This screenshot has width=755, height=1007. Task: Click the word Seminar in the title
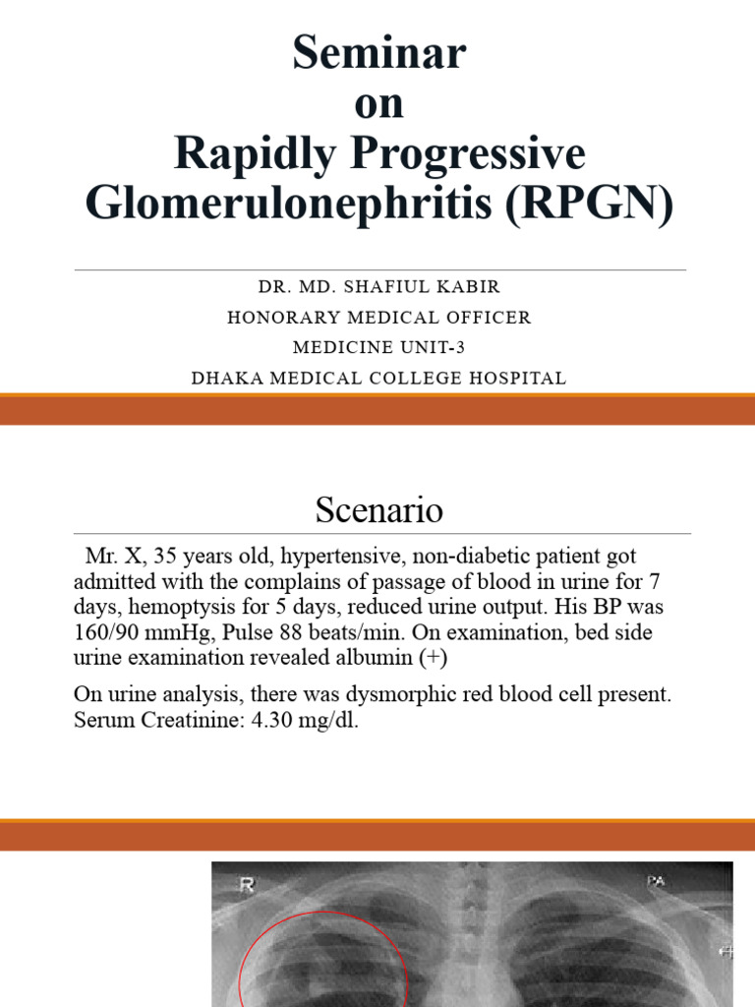click(x=378, y=53)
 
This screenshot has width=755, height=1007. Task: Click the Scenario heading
click(x=378, y=509)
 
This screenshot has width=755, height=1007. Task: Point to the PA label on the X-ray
click(x=656, y=881)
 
